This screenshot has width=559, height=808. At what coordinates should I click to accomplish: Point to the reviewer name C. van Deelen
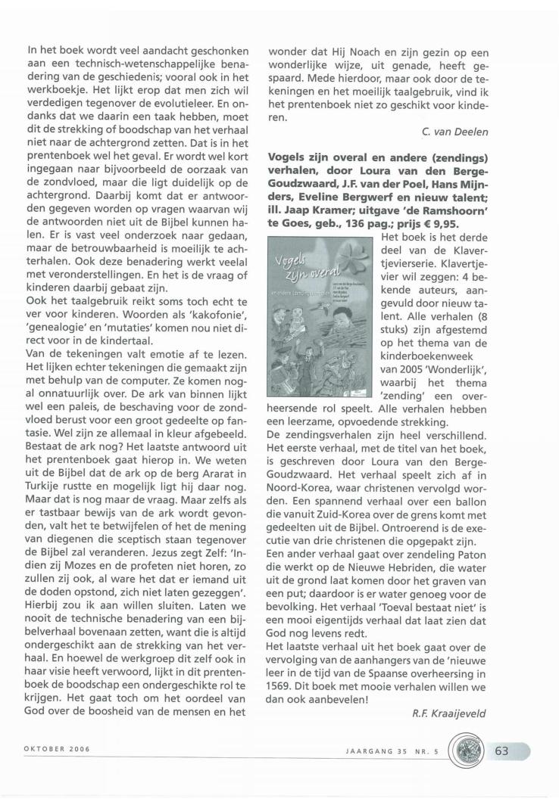pyautogui.click(x=454, y=132)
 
